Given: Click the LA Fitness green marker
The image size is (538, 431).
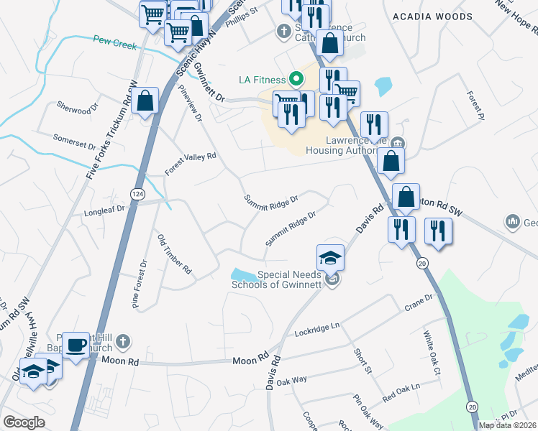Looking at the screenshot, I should (x=295, y=78).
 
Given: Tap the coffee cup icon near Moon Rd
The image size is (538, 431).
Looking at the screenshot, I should (x=76, y=345).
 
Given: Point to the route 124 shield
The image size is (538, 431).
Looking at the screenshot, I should (x=136, y=194).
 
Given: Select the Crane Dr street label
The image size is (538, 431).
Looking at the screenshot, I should (x=419, y=302).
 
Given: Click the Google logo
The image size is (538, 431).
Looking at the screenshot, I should (x=24, y=422).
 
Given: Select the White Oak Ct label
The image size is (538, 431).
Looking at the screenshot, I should (x=432, y=353).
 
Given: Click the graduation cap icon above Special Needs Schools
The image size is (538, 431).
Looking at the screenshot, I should (x=331, y=257).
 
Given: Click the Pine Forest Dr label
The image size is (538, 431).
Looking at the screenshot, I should (x=139, y=284).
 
